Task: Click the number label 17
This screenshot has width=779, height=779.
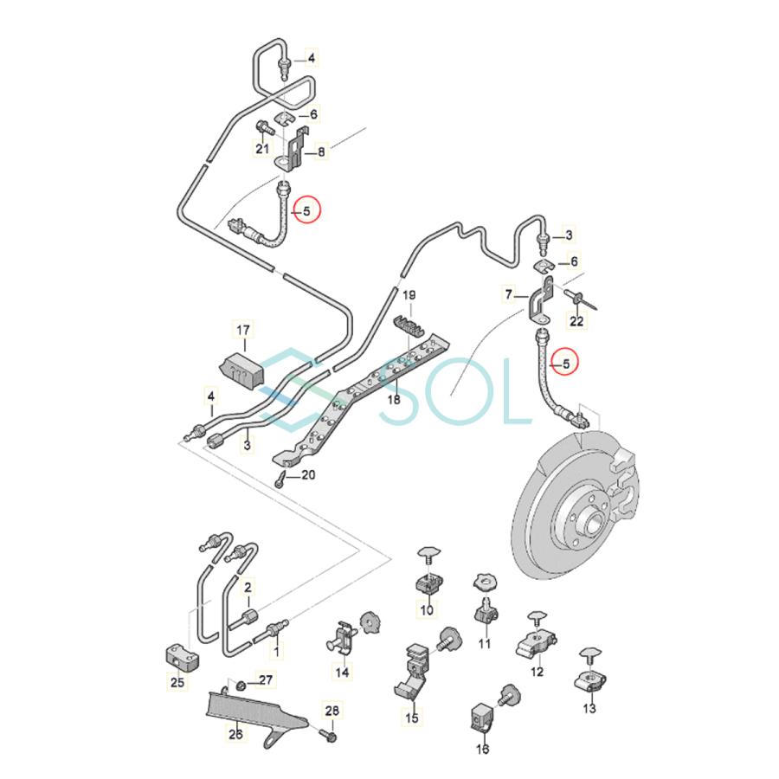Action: point(243,330)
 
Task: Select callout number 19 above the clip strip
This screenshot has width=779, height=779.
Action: point(409,295)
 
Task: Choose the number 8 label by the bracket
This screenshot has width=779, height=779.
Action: point(321,152)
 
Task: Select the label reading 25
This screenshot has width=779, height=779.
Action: point(177,684)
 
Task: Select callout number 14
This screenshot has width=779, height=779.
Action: point(343,672)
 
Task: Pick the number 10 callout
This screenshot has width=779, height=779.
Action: point(426,610)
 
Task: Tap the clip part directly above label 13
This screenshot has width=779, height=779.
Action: point(589,679)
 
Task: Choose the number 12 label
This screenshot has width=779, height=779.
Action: point(537,671)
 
